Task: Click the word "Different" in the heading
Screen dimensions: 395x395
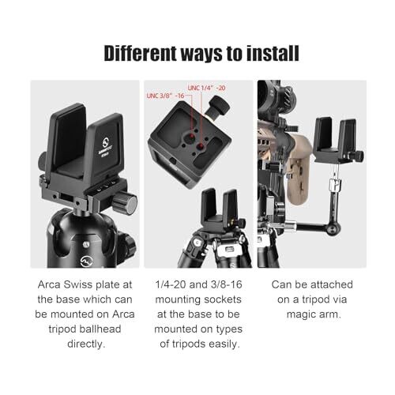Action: [x=140, y=54]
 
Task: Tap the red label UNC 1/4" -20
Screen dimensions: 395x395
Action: [x=206, y=88]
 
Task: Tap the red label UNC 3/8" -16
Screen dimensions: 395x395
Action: [x=165, y=96]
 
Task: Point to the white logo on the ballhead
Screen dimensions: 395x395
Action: [x=86, y=261]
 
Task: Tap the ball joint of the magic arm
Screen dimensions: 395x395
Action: [x=333, y=228]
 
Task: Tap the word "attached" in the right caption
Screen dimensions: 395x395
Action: [x=332, y=284]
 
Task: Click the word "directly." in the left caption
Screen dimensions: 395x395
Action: [x=86, y=344]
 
